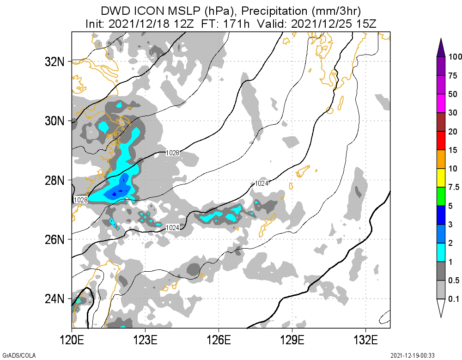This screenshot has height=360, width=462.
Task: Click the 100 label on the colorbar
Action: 456,57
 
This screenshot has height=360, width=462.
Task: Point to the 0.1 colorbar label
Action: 453,299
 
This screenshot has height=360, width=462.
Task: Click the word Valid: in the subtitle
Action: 272,23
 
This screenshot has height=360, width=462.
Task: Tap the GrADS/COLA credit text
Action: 14,355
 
